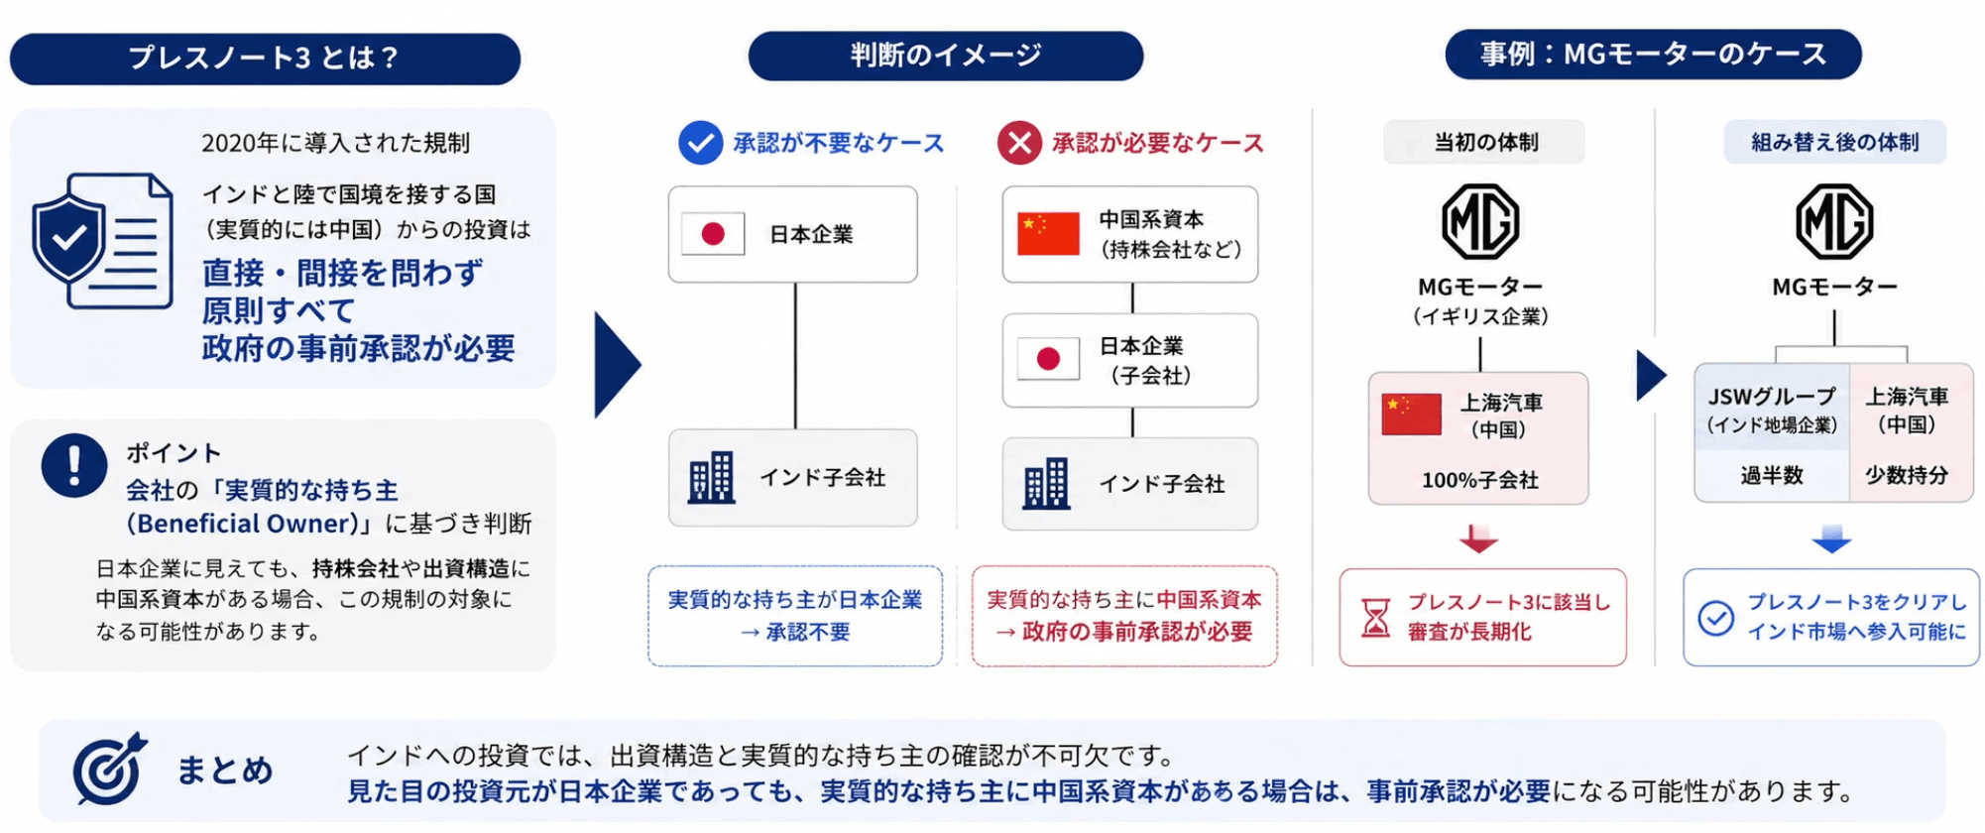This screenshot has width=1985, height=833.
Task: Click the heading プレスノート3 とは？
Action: click(265, 59)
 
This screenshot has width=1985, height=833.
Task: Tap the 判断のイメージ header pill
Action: click(945, 56)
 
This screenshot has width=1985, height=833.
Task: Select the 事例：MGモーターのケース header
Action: click(1653, 55)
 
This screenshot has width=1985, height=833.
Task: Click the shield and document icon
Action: click(102, 241)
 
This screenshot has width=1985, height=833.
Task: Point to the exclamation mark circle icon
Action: click(74, 465)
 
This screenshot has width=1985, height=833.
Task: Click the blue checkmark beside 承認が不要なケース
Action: click(700, 143)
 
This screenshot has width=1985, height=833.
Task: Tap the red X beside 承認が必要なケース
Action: click(1019, 143)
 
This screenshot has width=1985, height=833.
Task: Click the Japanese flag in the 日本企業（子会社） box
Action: click(1048, 359)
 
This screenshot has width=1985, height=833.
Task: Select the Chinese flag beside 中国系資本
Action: click(1048, 234)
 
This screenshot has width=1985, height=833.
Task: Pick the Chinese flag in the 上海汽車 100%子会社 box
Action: click(1411, 415)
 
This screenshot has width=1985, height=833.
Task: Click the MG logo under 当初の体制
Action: click(1480, 221)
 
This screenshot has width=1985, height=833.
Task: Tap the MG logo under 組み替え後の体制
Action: click(1834, 221)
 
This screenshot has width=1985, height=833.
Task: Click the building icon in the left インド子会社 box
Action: click(712, 477)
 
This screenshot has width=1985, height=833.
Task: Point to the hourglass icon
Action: click(1375, 617)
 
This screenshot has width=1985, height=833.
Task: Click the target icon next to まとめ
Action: click(109, 769)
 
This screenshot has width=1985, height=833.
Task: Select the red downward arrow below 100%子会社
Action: click(1478, 538)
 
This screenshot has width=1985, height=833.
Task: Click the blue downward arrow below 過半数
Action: click(1831, 538)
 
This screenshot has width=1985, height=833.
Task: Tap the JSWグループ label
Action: click(1772, 397)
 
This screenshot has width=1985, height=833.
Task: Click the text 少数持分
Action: click(1907, 475)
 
